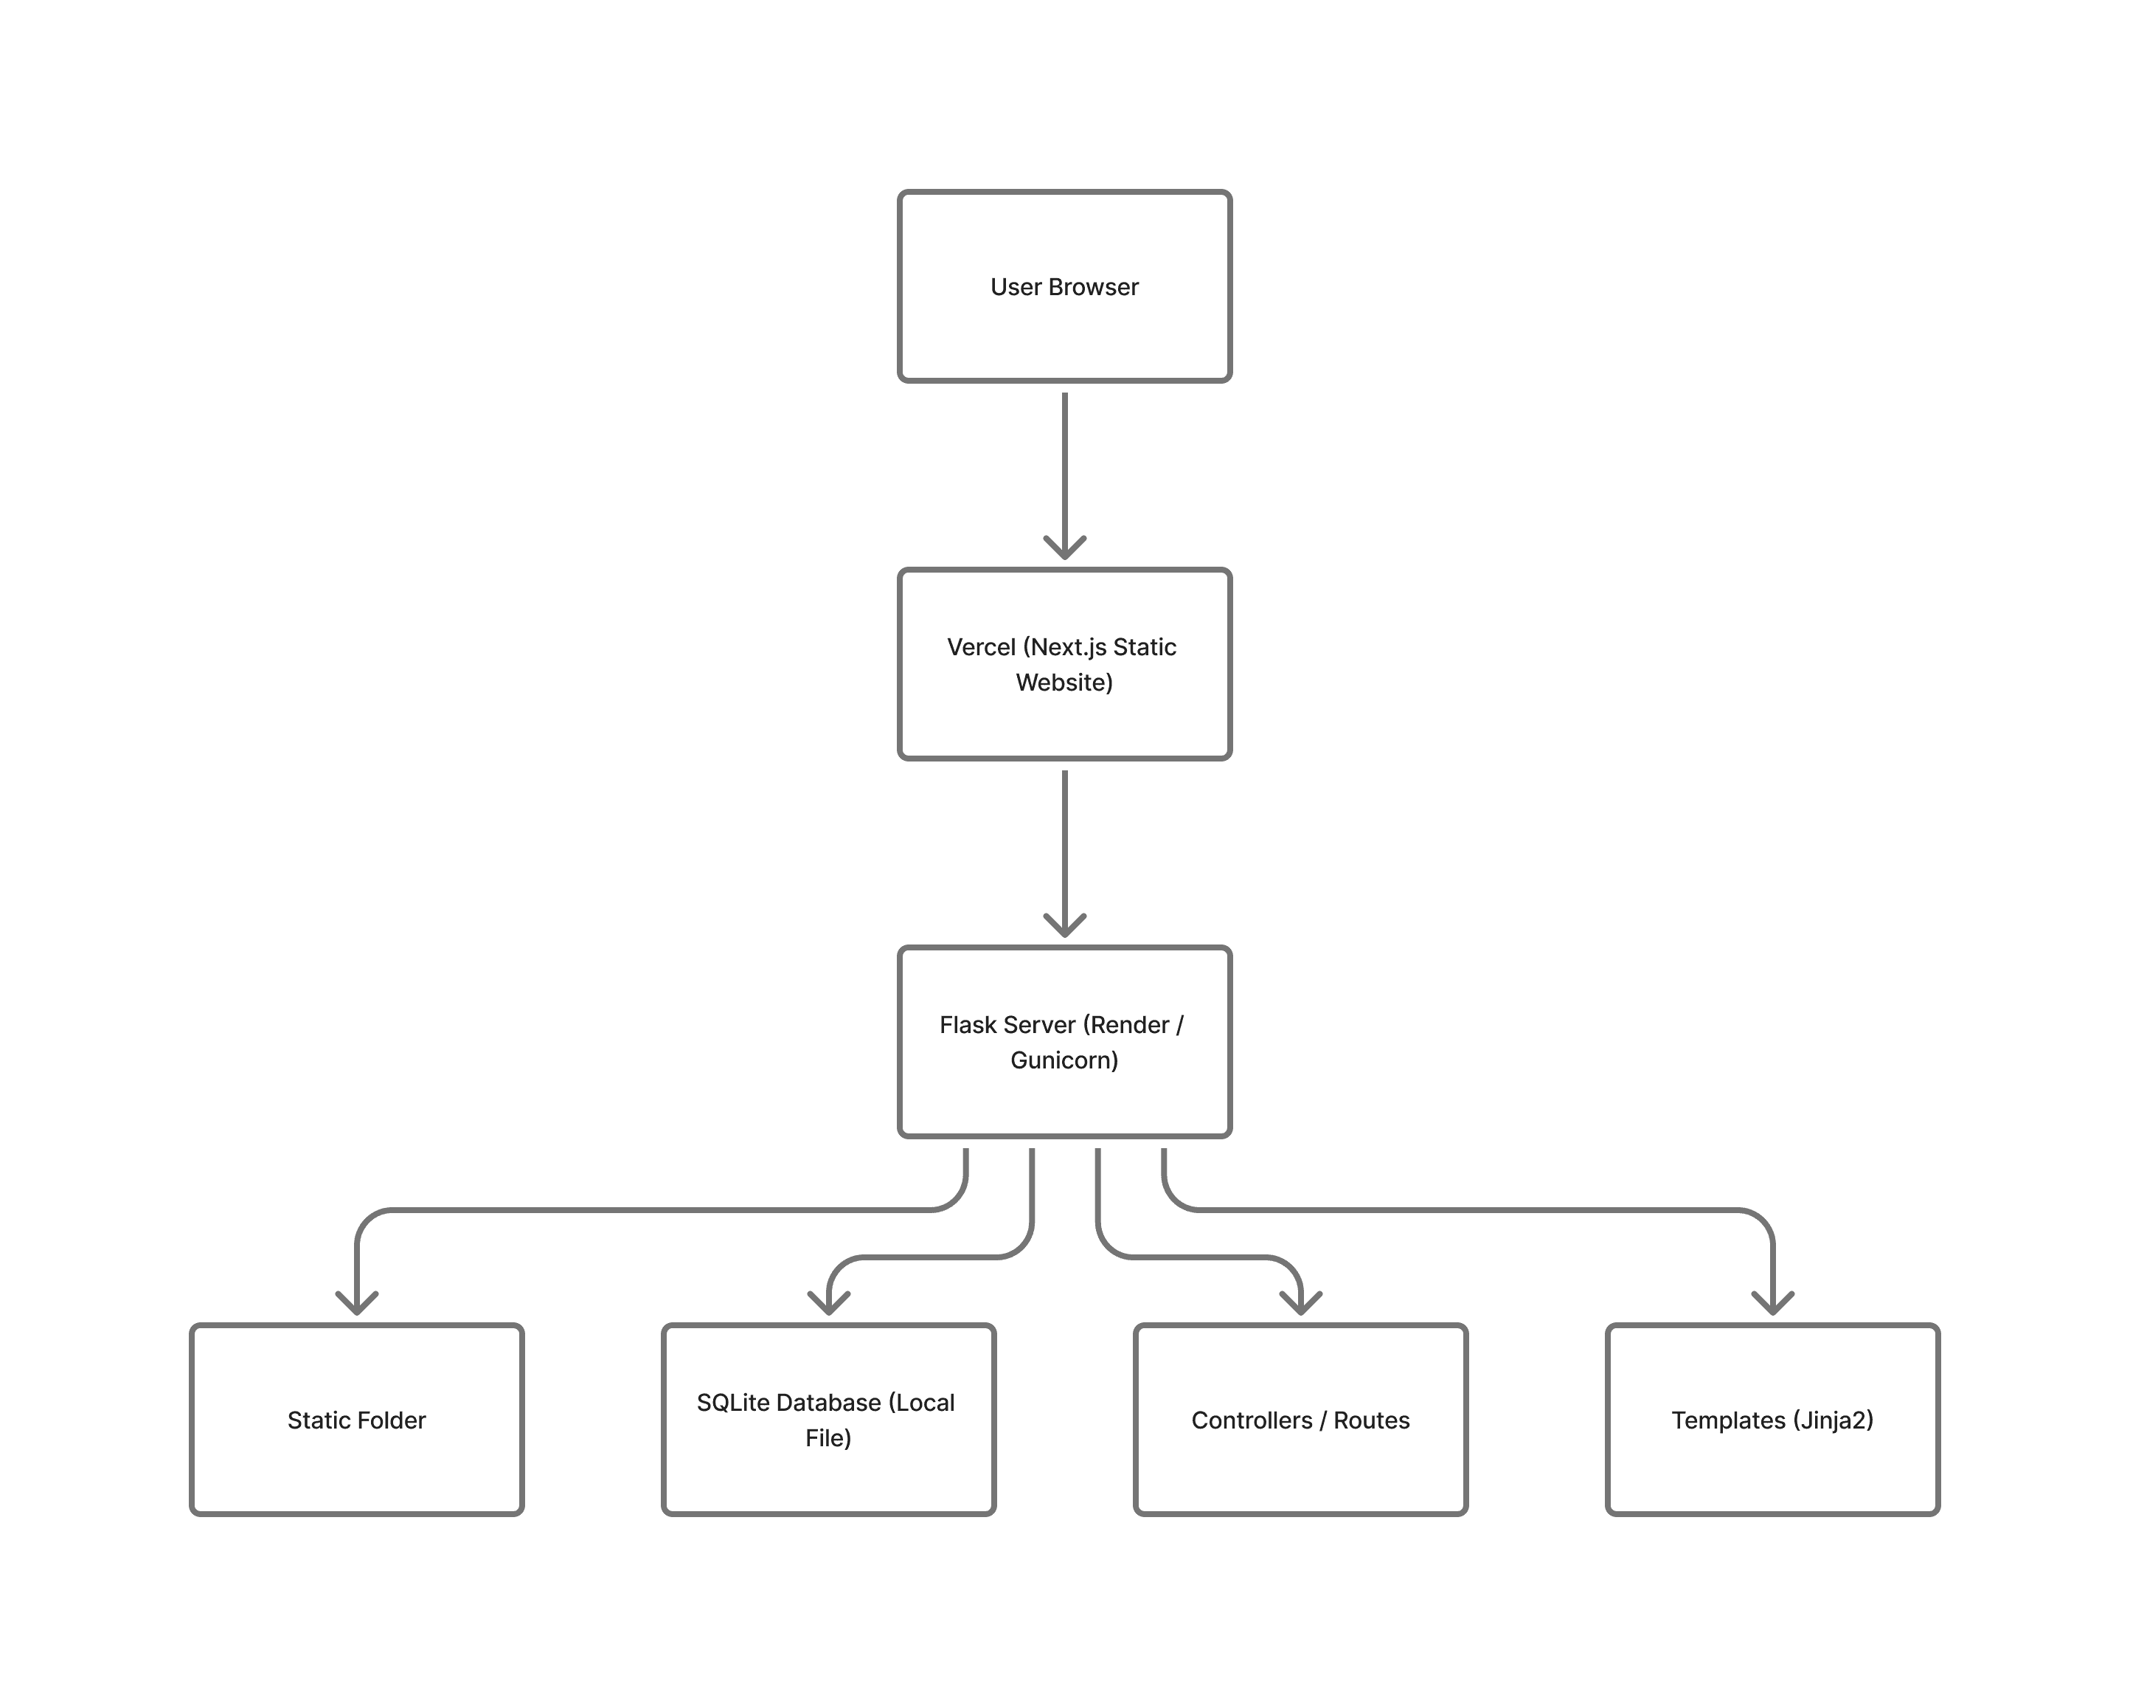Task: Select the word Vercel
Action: (981, 647)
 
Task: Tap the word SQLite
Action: (730, 1403)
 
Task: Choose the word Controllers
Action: (1252, 1420)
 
